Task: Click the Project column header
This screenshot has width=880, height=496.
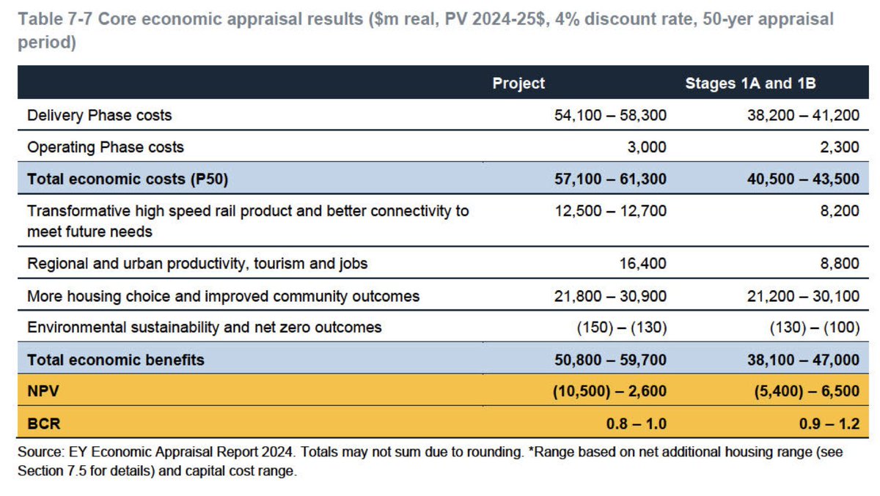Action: pos(518,83)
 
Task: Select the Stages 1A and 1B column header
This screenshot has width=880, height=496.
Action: pos(750,83)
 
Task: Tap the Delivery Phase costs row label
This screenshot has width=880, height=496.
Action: pos(99,115)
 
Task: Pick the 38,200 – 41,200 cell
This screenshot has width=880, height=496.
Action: pos(802,115)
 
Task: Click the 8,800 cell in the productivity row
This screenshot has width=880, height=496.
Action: pos(840,264)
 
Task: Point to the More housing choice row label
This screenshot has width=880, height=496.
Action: pos(223,296)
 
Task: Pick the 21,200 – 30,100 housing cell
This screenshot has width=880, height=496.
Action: pos(802,296)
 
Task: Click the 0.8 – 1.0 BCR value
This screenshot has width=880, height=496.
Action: pos(634,423)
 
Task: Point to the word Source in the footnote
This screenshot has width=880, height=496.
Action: pos(39,453)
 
